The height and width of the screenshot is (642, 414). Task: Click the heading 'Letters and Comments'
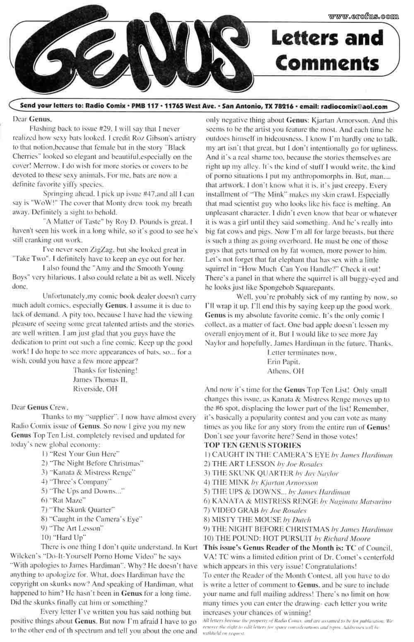327,50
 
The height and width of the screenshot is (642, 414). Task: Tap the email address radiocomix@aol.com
354,106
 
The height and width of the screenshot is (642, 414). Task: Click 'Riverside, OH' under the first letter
95,389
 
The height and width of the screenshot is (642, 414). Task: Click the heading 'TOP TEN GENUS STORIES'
253,445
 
